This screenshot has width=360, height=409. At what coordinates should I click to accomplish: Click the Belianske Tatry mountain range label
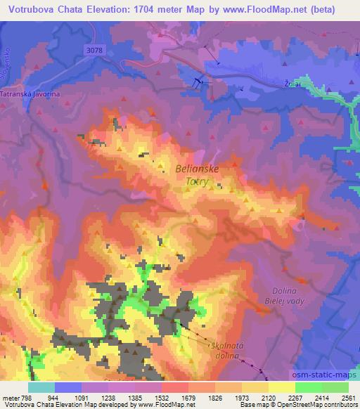point(199,174)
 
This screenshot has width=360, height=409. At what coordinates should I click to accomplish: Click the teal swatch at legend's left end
point(41,387)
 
